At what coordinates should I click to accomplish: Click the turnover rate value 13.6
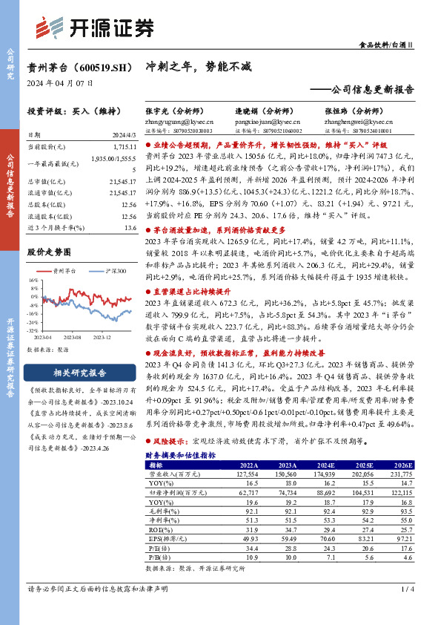pyautogui.click(x=130, y=228)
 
